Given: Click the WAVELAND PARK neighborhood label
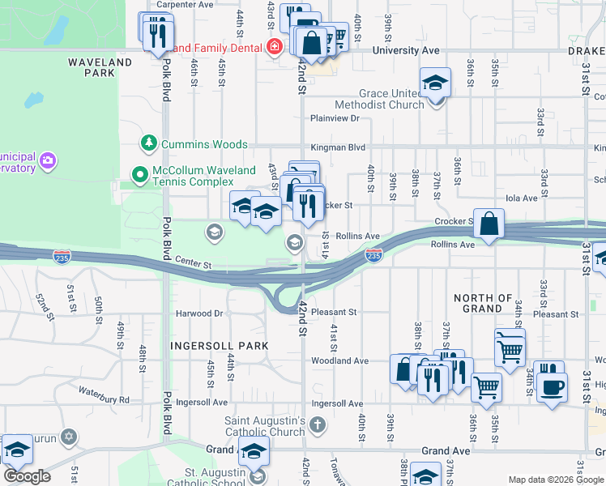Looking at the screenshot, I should (x=100, y=66).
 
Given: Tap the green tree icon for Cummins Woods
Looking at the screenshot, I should (x=147, y=144).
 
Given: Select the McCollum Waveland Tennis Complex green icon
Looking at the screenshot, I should (x=140, y=173).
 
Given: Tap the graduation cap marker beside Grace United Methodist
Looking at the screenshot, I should (x=435, y=83).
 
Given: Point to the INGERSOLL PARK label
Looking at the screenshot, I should (x=219, y=346).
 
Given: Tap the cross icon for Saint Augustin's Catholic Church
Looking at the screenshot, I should (x=318, y=423).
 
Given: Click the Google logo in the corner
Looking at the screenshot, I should (x=26, y=476).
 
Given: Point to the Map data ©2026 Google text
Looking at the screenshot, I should (x=556, y=480).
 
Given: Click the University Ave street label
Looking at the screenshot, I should (x=406, y=50).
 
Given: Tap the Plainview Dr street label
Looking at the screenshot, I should (x=334, y=118).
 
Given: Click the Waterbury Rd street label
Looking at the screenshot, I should (x=104, y=399).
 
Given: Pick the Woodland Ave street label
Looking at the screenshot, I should (x=339, y=360).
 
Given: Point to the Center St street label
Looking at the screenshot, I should (x=194, y=264).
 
